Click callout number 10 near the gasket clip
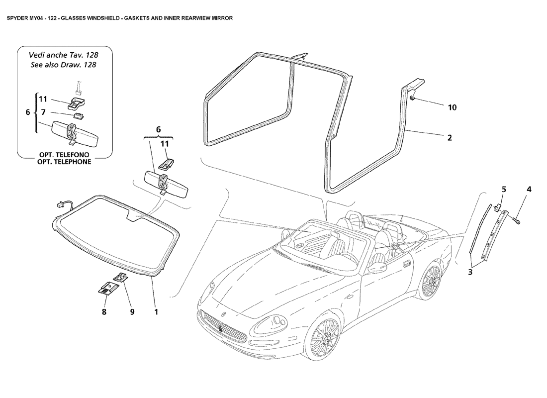click(452, 107)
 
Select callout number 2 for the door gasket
click(450, 137)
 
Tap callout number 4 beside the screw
click(529, 190)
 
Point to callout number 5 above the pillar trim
click(504, 190)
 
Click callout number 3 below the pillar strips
click(470, 272)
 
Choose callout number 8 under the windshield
click(104, 312)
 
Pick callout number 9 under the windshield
click(132, 312)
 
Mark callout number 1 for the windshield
click(156, 312)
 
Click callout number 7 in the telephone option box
click(43, 112)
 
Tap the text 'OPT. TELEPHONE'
click(64, 162)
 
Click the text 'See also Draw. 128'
click(63, 65)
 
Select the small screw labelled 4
click(517, 221)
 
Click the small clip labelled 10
click(412, 99)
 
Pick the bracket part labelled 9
click(120, 277)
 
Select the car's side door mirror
click(376, 267)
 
